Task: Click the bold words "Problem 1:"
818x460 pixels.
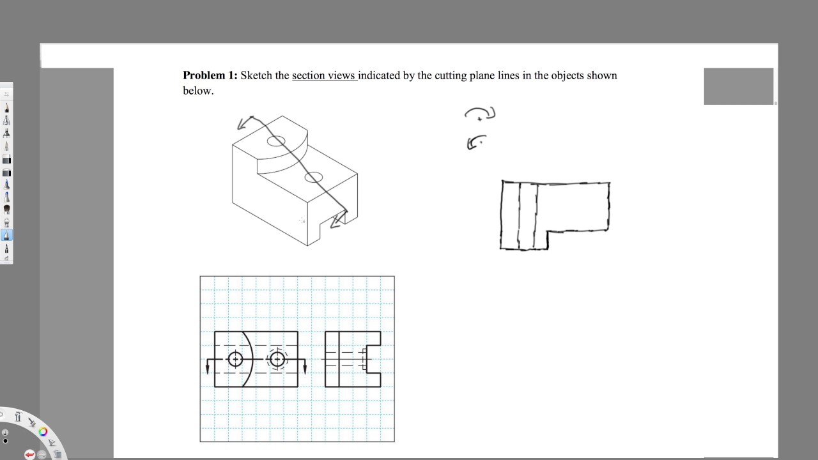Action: tap(210, 75)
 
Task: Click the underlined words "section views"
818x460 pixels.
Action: tap(323, 75)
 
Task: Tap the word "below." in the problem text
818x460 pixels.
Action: tap(198, 91)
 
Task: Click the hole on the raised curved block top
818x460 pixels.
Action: tap(276, 141)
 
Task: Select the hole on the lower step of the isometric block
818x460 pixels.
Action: tap(314, 178)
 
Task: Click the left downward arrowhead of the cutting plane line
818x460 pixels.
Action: tap(208, 369)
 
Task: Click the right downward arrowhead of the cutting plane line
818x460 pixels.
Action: tap(305, 369)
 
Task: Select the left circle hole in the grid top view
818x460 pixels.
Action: tap(235, 359)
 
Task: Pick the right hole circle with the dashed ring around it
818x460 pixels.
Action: tap(277, 359)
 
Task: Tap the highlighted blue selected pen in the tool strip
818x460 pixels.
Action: tap(6, 234)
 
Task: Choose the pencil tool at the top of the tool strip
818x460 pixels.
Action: tap(6, 108)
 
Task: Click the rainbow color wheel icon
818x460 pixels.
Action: tap(43, 432)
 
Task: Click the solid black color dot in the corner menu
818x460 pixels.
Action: tap(5, 441)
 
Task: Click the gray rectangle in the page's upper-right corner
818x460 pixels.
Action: tap(738, 86)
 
